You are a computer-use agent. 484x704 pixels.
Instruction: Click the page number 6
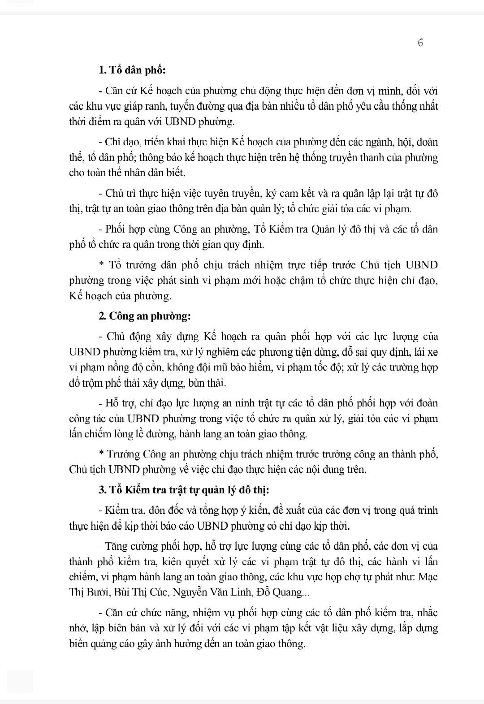[420, 43]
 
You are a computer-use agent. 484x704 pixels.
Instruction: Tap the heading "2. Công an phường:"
[145, 316]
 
